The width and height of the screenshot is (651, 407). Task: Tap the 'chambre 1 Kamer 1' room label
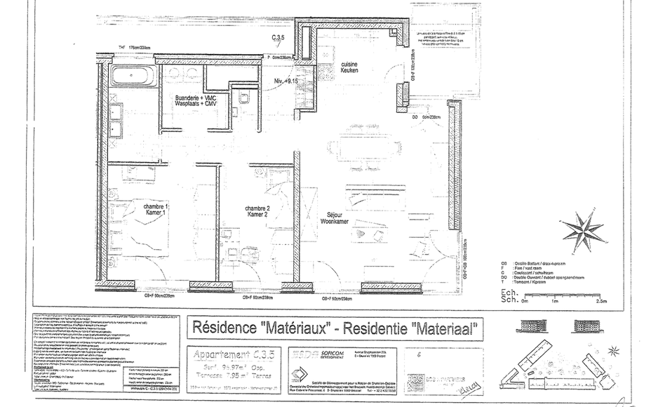point(156,211)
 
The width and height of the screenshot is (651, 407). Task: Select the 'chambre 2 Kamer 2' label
point(257,213)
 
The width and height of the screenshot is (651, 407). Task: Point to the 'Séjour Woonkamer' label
point(335,218)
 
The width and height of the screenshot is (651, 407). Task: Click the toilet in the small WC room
point(243,98)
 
